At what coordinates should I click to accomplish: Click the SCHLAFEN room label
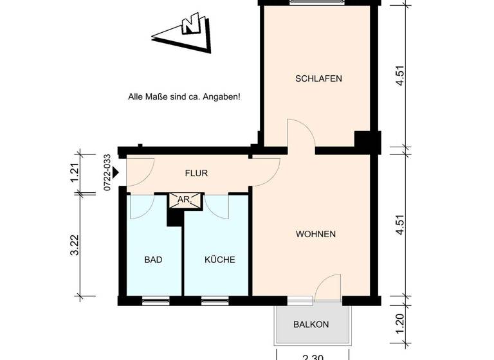(x=318, y=79)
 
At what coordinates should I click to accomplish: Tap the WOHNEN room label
(x=316, y=234)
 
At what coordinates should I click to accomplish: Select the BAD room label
(x=153, y=260)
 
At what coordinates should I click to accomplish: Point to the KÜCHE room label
(x=219, y=260)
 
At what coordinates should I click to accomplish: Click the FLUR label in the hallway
(x=196, y=174)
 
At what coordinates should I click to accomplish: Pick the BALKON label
(x=311, y=325)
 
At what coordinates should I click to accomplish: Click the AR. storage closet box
(x=183, y=200)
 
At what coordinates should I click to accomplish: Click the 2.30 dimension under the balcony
(x=313, y=355)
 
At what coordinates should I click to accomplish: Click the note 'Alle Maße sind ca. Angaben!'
(x=185, y=97)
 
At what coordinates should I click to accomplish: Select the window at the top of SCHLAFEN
(x=318, y=3)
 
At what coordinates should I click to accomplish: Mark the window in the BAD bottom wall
(x=155, y=300)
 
